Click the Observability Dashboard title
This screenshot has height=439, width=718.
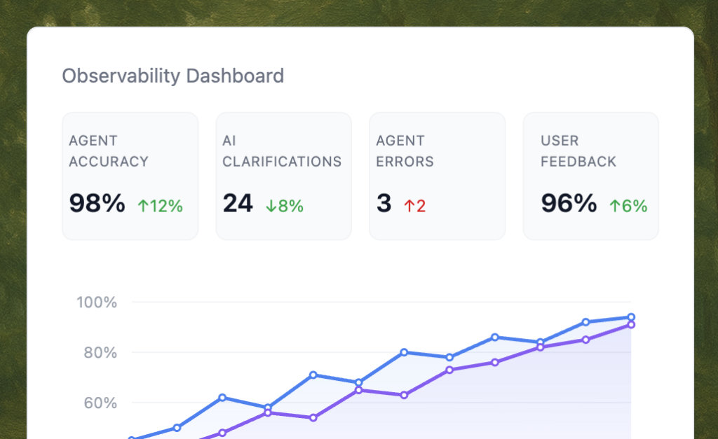click(x=173, y=76)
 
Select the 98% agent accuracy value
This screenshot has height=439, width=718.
click(x=97, y=203)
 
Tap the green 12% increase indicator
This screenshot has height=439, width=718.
click(x=160, y=206)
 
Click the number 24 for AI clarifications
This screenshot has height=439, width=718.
click(x=238, y=203)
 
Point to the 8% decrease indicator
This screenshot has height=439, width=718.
click(x=284, y=206)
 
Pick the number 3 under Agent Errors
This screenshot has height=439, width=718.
click(x=384, y=203)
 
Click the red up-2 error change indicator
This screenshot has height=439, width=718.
click(x=414, y=206)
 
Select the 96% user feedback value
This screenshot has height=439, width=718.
click(x=569, y=203)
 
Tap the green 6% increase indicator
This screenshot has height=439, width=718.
click(x=628, y=206)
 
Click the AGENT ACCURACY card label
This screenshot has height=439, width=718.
click(x=109, y=151)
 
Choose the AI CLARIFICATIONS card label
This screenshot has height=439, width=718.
click(x=282, y=151)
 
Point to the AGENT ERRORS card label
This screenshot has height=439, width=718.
click(x=405, y=151)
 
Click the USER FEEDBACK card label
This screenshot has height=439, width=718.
click(x=578, y=151)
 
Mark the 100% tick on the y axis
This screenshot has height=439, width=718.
click(x=97, y=302)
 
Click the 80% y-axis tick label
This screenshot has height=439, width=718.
click(x=100, y=353)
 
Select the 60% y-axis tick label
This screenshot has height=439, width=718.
click(x=100, y=403)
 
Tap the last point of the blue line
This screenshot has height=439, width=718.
click(x=631, y=317)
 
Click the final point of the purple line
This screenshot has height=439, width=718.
click(x=631, y=325)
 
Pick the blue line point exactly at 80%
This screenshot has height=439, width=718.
click(x=404, y=352)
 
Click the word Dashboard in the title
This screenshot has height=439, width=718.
click(x=235, y=76)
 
